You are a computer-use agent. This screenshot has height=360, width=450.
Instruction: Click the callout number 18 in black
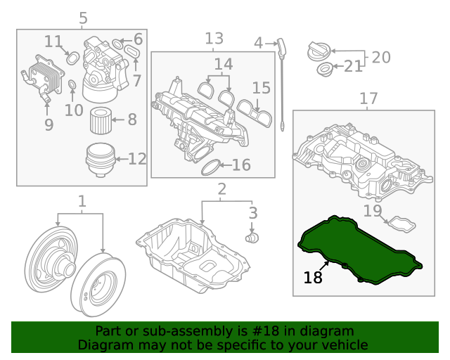tap(313, 278)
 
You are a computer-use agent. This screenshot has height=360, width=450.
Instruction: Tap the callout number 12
tap(138, 159)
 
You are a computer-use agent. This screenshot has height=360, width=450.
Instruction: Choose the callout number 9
tap(49, 125)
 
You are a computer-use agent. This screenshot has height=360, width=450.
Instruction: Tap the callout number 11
tap(53, 41)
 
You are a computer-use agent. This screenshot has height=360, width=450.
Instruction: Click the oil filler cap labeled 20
tap(319, 51)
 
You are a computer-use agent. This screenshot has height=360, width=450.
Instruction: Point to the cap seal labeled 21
tap(324, 69)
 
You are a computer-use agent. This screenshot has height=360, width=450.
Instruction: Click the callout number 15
tap(261, 88)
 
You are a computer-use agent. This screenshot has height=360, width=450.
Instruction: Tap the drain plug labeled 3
tap(249, 239)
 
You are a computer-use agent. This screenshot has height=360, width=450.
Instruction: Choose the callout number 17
tap(368, 98)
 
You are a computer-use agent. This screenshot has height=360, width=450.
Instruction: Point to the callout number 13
tap(214, 38)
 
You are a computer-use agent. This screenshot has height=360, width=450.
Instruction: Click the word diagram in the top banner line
tap(330, 331)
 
